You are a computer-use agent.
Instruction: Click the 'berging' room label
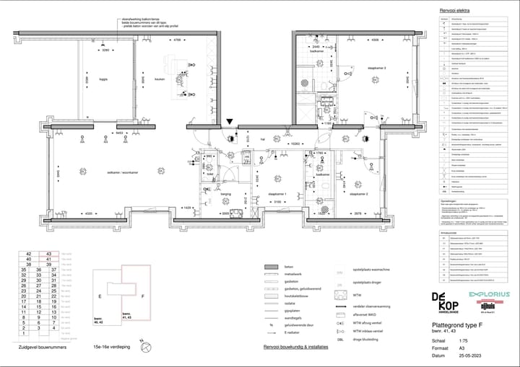226,194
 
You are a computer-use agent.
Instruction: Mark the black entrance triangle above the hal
230,123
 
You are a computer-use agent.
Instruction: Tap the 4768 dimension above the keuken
176,40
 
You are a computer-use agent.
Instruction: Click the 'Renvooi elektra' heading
455,11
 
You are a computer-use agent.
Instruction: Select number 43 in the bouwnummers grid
48,255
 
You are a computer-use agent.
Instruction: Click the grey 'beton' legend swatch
272,267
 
